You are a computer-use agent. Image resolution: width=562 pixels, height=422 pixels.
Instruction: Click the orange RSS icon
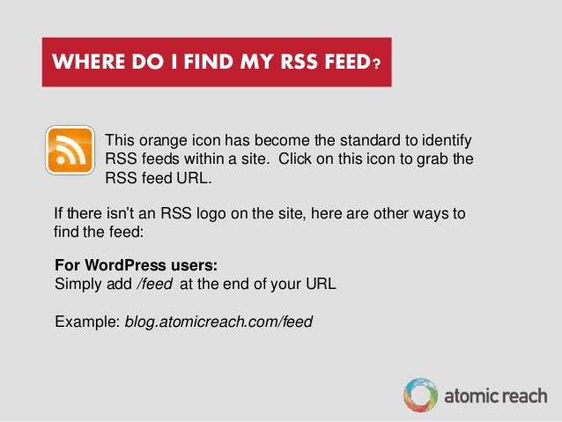click(x=70, y=149)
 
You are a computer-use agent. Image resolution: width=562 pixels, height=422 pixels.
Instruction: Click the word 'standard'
click(x=345, y=141)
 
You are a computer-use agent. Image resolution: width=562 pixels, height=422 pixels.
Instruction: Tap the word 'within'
click(x=209, y=159)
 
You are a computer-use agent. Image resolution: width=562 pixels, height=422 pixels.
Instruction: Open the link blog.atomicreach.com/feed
click(x=218, y=322)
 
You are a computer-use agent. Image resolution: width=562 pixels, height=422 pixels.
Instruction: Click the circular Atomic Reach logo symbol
click(x=419, y=396)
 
